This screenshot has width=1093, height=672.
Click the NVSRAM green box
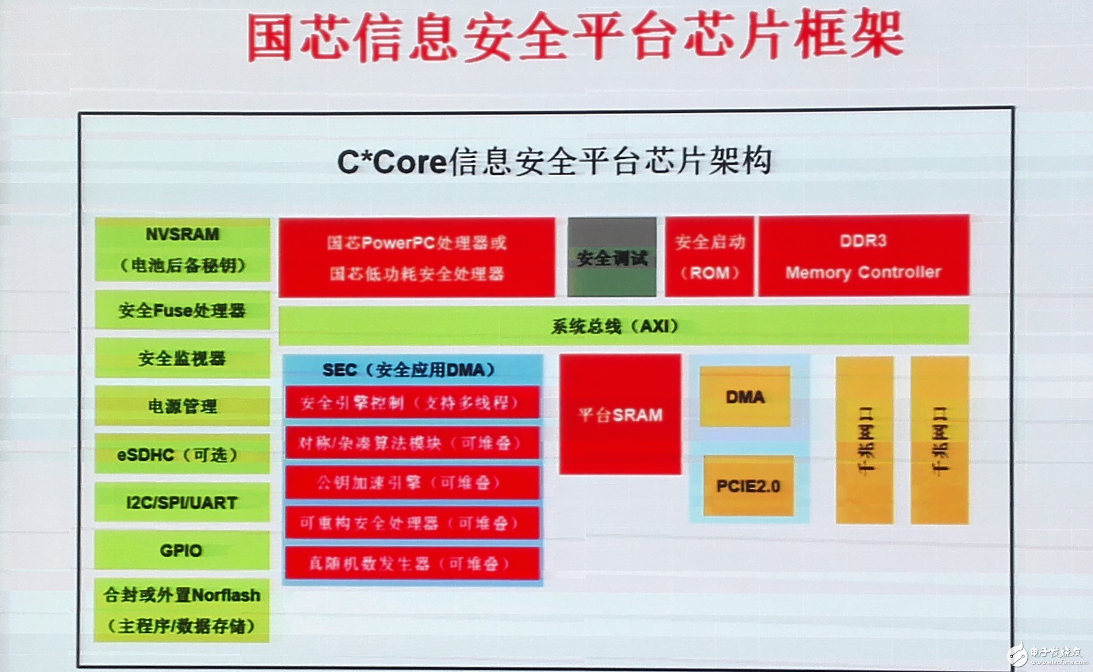click(x=182, y=250)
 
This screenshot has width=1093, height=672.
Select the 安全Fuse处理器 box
click(x=182, y=311)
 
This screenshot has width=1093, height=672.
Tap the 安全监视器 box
click(x=182, y=358)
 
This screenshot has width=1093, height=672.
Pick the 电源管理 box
click(x=182, y=406)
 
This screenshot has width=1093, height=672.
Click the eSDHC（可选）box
click(x=182, y=454)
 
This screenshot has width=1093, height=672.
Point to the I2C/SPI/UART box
click(x=182, y=502)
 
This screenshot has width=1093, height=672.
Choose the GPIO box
click(x=182, y=550)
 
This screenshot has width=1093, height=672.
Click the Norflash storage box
click(x=182, y=610)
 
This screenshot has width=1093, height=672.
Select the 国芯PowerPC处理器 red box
click(x=417, y=257)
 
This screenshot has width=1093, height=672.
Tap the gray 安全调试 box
click(x=612, y=257)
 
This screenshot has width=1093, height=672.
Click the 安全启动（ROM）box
click(x=710, y=257)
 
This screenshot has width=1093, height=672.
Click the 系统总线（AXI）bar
click(x=623, y=325)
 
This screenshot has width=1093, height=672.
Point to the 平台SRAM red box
click(x=620, y=414)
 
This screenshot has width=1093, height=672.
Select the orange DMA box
click(x=745, y=397)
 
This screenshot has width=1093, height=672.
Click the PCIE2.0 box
click(x=748, y=486)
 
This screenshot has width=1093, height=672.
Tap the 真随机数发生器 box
click(x=412, y=563)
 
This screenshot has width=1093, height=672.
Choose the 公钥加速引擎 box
click(x=412, y=482)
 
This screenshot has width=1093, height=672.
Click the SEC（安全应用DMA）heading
click(x=409, y=369)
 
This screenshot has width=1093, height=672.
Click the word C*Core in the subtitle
click(x=391, y=162)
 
